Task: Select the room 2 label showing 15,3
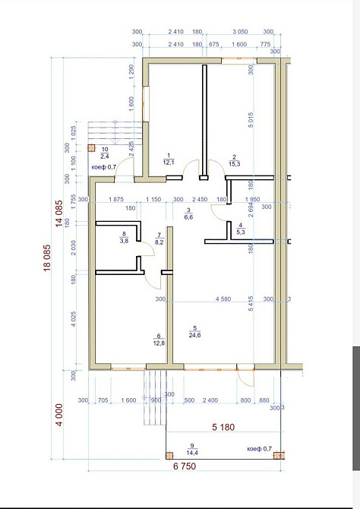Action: pyautogui.click(x=235, y=160)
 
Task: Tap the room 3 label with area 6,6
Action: pyautogui.click(x=188, y=213)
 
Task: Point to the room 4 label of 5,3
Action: pyautogui.click(x=240, y=229)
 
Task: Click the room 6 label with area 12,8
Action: pyautogui.click(x=159, y=340)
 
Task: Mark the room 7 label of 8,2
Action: pyautogui.click(x=159, y=239)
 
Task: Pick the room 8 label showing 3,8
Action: pyautogui.click(x=123, y=237)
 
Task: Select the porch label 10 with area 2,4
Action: pyautogui.click(x=105, y=153)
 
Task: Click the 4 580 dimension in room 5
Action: pyautogui.click(x=223, y=299)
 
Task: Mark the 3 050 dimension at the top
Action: pyautogui.click(x=238, y=33)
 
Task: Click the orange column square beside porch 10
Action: pyautogui.click(x=91, y=149)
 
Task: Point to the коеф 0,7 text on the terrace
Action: pyautogui.click(x=259, y=449)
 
